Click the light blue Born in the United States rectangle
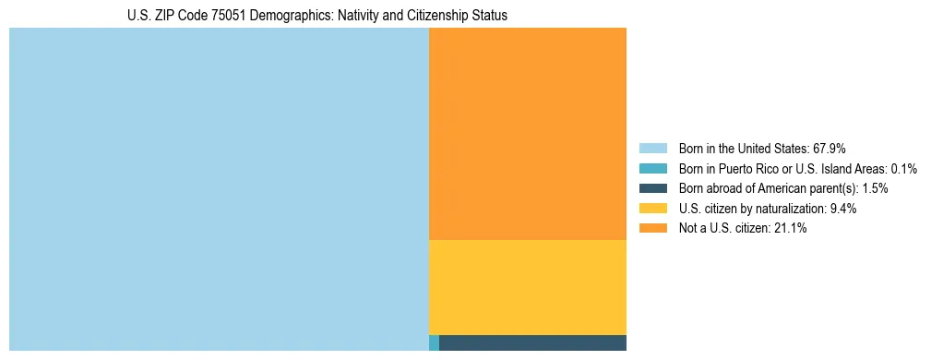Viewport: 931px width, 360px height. [219, 189]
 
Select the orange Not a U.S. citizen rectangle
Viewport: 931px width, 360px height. [528, 134]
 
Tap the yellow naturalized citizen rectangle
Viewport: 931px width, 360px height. [528, 287]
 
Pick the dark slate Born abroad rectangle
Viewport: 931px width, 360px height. [532, 343]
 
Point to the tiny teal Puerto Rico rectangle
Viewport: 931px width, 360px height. [434, 343]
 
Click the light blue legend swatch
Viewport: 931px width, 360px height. [652, 148]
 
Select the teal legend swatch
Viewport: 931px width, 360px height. [652, 168]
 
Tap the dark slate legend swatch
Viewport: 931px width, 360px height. [652, 188]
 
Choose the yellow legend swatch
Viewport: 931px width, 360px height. [652, 209]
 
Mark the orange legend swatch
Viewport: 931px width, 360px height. [652, 229]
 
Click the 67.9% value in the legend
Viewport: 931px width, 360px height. [829, 148]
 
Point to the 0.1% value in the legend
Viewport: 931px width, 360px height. [903, 168]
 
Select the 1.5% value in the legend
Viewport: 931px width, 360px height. [875, 188]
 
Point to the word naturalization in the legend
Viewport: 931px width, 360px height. [791, 209]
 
